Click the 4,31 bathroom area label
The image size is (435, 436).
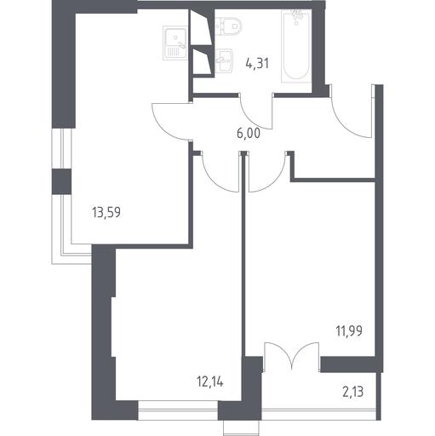pyautogui.click(x=257, y=63)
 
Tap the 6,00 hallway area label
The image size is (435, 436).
pyautogui.click(x=249, y=134)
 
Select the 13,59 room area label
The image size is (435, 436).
pyautogui.click(x=106, y=212)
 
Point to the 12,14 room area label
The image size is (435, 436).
pyautogui.click(x=210, y=381)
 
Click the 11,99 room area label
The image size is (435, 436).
pyautogui.click(x=349, y=331)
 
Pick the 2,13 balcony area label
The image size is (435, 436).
pyautogui.click(x=353, y=393)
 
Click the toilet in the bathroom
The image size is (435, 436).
pyautogui.click(x=228, y=26)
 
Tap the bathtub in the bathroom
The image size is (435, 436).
pyautogui.click(x=296, y=46)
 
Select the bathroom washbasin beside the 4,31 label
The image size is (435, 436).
pyautogui.click(x=224, y=61)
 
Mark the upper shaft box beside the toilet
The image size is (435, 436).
pyautogui.click(x=201, y=26)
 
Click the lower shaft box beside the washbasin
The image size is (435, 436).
pyautogui.click(x=202, y=62)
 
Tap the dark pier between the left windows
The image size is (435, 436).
pyautogui.click(x=61, y=181)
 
